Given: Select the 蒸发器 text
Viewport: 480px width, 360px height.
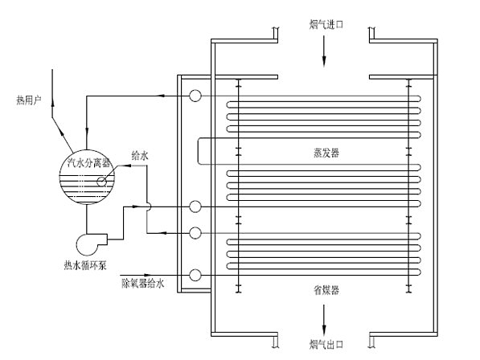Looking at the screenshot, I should pos(324,153).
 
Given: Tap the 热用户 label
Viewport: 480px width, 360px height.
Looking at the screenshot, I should pos(27,100).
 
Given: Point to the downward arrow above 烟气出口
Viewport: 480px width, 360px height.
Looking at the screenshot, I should pos(324,328).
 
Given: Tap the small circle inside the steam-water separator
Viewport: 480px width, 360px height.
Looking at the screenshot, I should pos(102,182).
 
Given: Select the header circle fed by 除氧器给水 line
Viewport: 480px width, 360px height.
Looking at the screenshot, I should pos(195,276).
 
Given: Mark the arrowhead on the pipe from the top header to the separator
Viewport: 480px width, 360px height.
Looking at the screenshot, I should pos(161,96).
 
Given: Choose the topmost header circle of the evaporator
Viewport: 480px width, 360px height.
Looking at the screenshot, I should pos(195,96).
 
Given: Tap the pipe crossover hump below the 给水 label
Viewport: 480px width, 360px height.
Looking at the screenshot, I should pos(147,207).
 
